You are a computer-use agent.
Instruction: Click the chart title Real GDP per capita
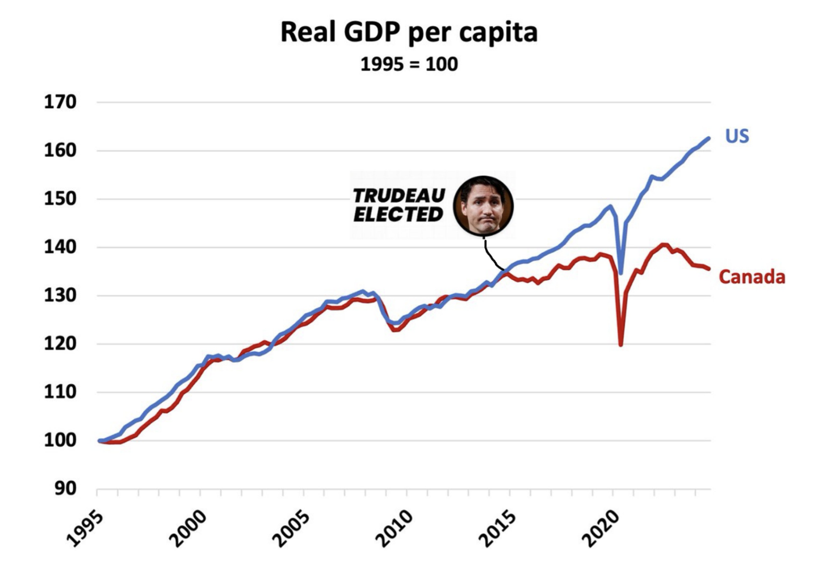tap(409, 32)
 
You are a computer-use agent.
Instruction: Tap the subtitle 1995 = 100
tap(409, 64)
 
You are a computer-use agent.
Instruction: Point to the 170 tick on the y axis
tap(60, 102)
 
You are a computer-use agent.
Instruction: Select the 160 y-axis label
tap(60, 150)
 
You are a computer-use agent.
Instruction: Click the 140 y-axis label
tap(60, 247)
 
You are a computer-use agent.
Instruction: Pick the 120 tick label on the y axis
tap(60, 344)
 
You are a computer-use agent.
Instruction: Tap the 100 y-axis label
tap(60, 440)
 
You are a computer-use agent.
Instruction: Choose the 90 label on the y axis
tap(65, 488)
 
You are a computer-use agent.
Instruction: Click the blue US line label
tap(737, 136)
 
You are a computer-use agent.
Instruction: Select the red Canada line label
tap(752, 277)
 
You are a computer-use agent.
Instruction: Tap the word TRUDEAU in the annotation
tap(399, 196)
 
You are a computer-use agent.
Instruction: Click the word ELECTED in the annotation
tap(398, 215)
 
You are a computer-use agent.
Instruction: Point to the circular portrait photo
tap(483, 206)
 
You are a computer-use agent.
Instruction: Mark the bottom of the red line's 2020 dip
tap(621, 344)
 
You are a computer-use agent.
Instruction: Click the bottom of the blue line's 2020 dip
tap(622, 273)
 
